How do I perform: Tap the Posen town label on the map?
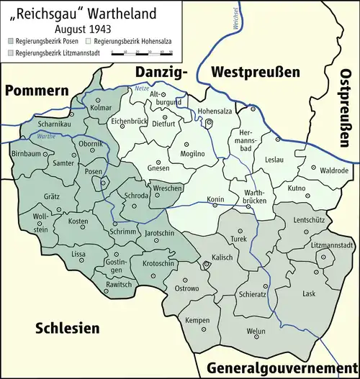coord(93,172)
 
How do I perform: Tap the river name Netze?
coord(141,88)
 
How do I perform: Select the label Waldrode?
coord(334,170)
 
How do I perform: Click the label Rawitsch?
coord(120,283)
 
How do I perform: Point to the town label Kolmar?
coord(102,108)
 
